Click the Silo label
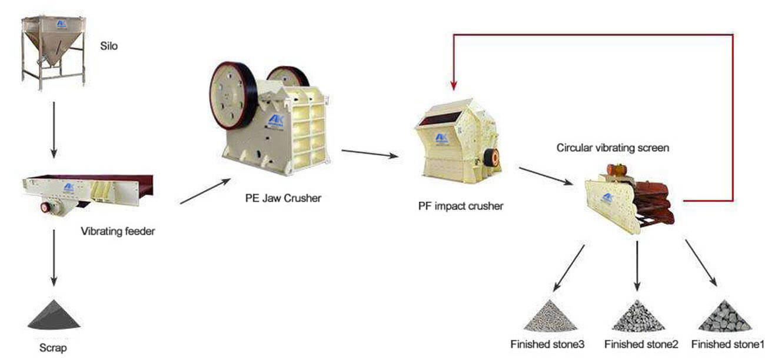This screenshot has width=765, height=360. pyautogui.click(x=109, y=45)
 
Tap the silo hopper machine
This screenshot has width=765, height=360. pyautogui.click(x=53, y=44)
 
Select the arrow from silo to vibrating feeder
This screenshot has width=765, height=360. pyautogui.click(x=54, y=129)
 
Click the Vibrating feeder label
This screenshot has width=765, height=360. pyautogui.click(x=118, y=231)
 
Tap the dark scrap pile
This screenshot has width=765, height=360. pyautogui.click(x=54, y=315)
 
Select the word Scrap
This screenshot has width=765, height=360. pyautogui.click(x=53, y=348)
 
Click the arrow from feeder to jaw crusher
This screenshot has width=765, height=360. pyautogui.click(x=205, y=191)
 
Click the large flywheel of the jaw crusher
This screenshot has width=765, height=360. pyautogui.click(x=233, y=95)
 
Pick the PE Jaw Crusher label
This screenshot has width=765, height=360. pyautogui.click(x=283, y=198)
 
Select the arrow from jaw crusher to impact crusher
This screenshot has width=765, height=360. pyautogui.click(x=370, y=154)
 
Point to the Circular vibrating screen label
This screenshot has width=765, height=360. pyautogui.click(x=613, y=148)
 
